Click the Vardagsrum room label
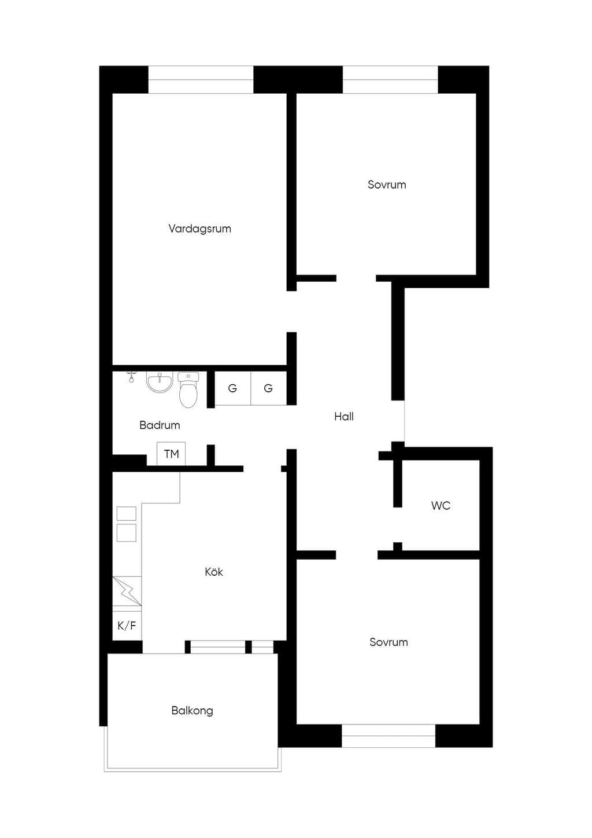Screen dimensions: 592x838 pyautogui.click(x=199, y=229)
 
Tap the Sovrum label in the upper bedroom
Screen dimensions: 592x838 pyautogui.click(x=387, y=185)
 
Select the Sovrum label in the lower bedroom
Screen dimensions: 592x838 pyautogui.click(x=388, y=642)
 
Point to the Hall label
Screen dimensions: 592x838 pyautogui.click(x=344, y=416)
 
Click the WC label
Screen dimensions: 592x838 pyautogui.click(x=441, y=505)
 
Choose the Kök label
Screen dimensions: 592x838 pyautogui.click(x=214, y=572)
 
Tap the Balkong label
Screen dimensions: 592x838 pyautogui.click(x=192, y=711)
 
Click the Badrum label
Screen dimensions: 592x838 pyautogui.click(x=160, y=425)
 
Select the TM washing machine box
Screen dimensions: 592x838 pyautogui.click(x=171, y=454)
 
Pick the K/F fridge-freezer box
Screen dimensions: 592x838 pyautogui.click(x=127, y=626)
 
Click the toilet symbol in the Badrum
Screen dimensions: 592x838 pyautogui.click(x=188, y=389)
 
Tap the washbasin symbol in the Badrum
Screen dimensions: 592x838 pyautogui.click(x=160, y=382)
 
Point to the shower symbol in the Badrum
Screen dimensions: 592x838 pyautogui.click(x=131, y=377)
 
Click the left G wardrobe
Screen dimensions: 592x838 pyautogui.click(x=232, y=388)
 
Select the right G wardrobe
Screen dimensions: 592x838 pyautogui.click(x=268, y=388)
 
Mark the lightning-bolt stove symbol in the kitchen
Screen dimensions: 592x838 pyautogui.click(x=127, y=591)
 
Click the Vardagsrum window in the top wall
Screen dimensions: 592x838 pyautogui.click(x=201, y=80)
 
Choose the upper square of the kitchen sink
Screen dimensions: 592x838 pyautogui.click(x=127, y=514)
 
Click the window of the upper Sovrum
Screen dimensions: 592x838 pyautogui.click(x=390, y=80)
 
